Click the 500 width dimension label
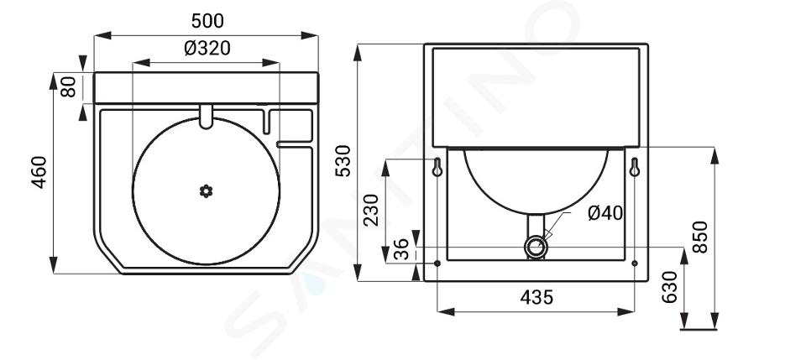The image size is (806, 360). coord(207,21)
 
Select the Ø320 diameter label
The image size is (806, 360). coord(207,49)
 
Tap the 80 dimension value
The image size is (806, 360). coord(68,86)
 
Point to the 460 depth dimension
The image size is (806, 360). coord(39,173)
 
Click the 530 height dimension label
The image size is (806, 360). coord(343,161)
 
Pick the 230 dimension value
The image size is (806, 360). coord(371,210)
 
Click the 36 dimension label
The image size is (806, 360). coord(401,249)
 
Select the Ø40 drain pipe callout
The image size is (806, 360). coord(605,212)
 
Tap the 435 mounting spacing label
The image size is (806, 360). coord(536,297)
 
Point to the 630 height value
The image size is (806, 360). coord(670,287)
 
